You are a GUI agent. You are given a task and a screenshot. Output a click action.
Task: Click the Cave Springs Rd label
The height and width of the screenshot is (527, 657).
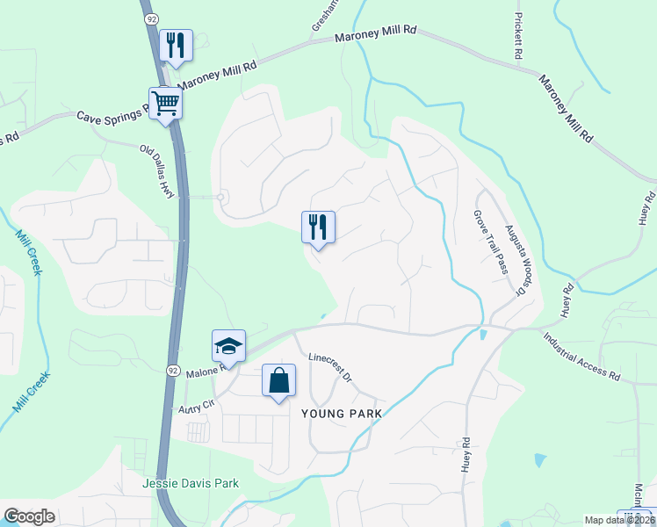tap(112, 116)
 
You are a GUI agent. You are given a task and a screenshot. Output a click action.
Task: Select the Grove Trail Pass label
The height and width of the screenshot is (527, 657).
tap(491, 242)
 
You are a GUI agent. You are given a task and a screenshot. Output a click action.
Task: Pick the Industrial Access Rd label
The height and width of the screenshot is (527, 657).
tap(581, 355)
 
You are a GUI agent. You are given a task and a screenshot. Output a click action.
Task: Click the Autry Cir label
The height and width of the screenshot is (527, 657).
tap(196, 407)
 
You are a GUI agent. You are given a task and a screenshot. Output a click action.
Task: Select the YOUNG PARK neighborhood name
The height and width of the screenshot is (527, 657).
tap(342, 413)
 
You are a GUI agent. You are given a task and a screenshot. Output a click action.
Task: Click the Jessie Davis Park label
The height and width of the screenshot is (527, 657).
tap(191, 483)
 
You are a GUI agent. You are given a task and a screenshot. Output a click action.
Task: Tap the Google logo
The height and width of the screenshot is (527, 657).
tap(29, 516)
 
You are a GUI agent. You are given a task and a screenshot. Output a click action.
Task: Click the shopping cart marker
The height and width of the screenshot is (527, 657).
tap(165, 104)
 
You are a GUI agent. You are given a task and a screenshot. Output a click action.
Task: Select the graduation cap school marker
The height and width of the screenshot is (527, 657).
tap(228, 346)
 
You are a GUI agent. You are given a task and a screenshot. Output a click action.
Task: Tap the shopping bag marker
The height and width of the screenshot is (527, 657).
tap(278, 381)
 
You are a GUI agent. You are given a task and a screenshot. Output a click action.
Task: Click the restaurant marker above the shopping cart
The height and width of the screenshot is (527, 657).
tap(176, 46)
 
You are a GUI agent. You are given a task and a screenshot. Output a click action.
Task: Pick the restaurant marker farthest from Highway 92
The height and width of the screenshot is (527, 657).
tap(318, 227)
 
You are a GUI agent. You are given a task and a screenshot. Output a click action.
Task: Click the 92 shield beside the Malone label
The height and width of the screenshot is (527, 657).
tap(173, 372)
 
